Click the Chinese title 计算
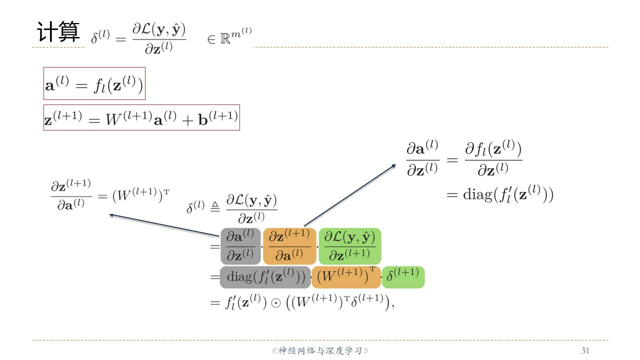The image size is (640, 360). click(x=58, y=32)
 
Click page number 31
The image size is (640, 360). click(x=585, y=350)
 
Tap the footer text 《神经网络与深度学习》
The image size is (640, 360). click(x=320, y=350)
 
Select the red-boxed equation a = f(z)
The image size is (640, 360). click(x=94, y=83)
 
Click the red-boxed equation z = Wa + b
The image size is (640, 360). click(x=141, y=117)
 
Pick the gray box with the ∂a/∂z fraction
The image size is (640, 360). click(x=240, y=246)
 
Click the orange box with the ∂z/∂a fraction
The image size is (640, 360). click(x=289, y=246)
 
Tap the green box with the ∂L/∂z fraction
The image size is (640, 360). click(x=349, y=246)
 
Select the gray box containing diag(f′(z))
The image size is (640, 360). click(x=265, y=277)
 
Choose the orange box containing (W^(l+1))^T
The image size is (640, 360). click(x=346, y=277)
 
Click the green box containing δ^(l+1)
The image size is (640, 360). click(x=403, y=277)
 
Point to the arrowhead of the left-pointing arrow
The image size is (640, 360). click(x=111, y=215)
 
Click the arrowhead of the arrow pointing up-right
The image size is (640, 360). click(x=394, y=165)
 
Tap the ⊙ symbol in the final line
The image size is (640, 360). click(x=275, y=303)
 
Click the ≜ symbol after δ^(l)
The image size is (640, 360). click(x=214, y=207)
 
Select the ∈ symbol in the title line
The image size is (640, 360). click(x=211, y=39)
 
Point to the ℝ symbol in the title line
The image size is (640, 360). click(x=225, y=39)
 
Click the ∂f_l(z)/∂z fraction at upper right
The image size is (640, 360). click(x=493, y=159)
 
